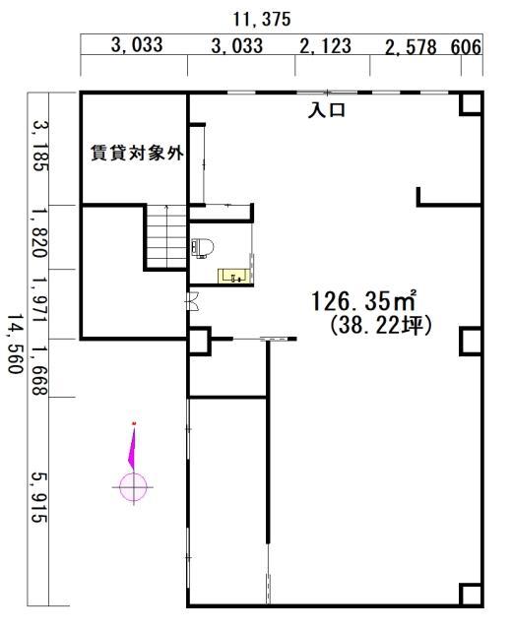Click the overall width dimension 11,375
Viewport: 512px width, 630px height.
click(262, 20)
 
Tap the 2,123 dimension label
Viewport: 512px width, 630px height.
click(326, 45)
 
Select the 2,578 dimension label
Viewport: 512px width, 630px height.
click(411, 47)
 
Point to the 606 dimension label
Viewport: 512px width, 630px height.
click(466, 47)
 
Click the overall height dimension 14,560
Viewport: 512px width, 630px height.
click(15, 344)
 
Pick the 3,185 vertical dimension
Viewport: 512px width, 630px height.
click(40, 146)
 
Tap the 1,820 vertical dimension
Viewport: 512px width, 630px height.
click(40, 232)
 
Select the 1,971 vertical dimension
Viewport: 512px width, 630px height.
click(40, 299)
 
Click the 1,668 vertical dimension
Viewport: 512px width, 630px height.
click(40, 370)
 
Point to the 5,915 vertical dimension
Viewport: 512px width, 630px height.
click(39, 497)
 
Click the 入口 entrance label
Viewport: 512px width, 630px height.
click(326, 110)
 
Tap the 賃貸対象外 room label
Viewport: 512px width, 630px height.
click(137, 153)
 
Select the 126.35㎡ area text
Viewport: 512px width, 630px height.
click(363, 301)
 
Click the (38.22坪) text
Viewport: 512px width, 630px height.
click(381, 326)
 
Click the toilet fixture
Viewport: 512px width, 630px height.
click(202, 247)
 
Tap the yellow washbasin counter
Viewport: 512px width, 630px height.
click(234, 276)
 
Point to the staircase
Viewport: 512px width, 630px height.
click(166, 236)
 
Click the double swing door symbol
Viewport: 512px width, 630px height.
click(193, 300)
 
